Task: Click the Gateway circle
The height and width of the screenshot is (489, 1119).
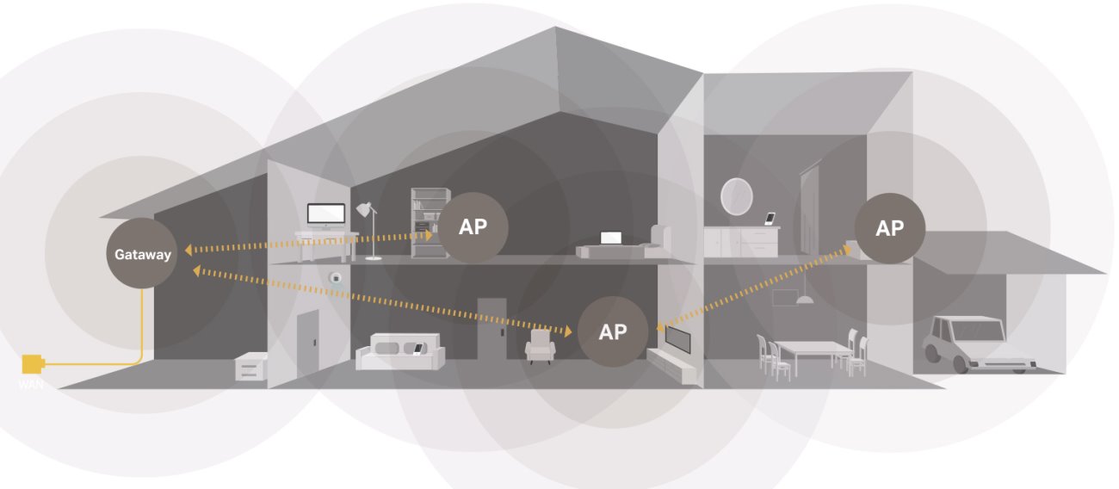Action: point(142,254)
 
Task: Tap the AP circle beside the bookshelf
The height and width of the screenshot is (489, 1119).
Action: point(473,227)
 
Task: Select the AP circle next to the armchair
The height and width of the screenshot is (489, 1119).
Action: point(612,331)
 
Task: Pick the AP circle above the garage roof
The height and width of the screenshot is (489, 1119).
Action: point(889,228)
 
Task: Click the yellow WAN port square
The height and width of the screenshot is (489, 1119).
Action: point(33,364)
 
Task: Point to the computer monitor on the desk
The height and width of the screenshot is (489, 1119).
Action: point(326,214)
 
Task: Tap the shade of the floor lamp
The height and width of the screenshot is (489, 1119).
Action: point(366,210)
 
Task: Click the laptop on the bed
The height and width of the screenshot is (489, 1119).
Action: point(611,238)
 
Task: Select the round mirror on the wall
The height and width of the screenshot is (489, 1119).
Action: point(736,195)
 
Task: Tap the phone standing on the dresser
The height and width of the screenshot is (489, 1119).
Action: point(770,218)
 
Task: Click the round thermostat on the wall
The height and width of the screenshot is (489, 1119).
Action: point(337,278)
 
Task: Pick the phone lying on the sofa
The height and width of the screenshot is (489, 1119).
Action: point(417,349)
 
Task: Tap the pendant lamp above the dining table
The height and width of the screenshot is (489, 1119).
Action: point(805,299)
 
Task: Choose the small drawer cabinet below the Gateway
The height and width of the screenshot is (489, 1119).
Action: point(250,368)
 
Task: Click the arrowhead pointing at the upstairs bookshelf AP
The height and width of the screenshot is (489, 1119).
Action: point(430,234)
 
